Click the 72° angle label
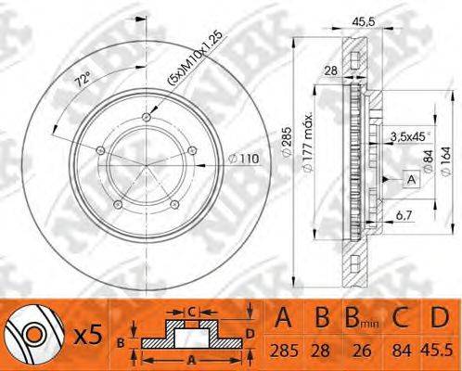tap(83, 79)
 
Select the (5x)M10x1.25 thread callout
tap(195, 58)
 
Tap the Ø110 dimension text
tap(243, 160)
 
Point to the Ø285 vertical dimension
tap(287, 141)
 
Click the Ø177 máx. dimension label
tap(308, 144)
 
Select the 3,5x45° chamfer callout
tap(410, 137)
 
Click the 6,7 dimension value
tap(404, 215)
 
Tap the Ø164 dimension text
tap(446, 162)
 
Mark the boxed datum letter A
tap(412, 179)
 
